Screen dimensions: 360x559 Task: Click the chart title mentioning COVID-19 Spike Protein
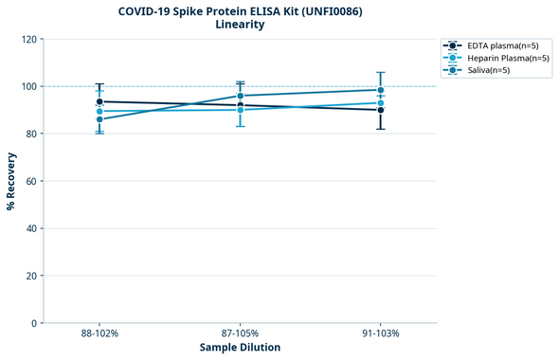click(240, 10)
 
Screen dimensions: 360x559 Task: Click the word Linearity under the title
click(240, 25)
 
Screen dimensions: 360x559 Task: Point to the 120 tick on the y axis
click(29, 39)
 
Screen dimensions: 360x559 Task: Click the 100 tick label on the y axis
click(29, 86)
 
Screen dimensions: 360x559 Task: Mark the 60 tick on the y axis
click(32, 181)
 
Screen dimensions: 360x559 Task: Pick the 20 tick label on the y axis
click(32, 276)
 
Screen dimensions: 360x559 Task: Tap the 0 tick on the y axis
click(35, 323)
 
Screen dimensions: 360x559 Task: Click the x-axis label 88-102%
click(99, 334)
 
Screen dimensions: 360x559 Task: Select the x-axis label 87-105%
click(240, 334)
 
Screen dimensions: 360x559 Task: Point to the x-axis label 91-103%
click(380, 334)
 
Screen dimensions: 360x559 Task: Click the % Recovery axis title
click(11, 181)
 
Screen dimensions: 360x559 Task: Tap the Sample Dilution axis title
click(240, 348)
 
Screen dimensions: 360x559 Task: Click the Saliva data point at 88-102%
click(99, 119)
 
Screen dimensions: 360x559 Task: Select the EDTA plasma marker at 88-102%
click(99, 101)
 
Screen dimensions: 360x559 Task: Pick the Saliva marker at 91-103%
click(380, 90)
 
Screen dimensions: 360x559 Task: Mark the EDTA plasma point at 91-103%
click(380, 110)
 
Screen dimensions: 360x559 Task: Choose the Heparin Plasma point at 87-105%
click(240, 110)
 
